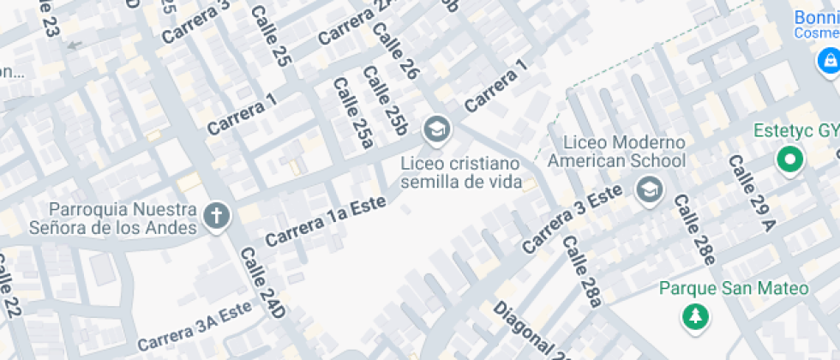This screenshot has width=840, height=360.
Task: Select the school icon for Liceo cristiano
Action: point(437,130)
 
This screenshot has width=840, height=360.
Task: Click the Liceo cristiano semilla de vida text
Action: point(461,172)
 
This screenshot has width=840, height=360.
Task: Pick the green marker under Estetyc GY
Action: point(789,159)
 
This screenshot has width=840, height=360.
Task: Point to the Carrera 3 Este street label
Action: point(572,219)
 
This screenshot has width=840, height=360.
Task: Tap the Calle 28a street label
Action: point(582,271)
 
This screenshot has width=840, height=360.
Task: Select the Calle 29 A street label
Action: point(750,194)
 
